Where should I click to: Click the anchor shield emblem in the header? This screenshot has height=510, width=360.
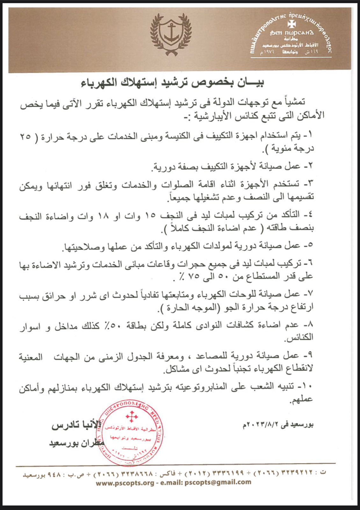coord(171,33)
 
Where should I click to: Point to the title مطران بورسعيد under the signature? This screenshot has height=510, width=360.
coord(76,443)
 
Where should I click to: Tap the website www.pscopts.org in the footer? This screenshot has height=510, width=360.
coord(125,482)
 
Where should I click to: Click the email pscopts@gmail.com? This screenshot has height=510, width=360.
coord(218,482)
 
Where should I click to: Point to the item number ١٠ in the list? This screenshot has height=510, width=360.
coord(307,386)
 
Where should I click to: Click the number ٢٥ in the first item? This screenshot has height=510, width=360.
coord(25,136)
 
